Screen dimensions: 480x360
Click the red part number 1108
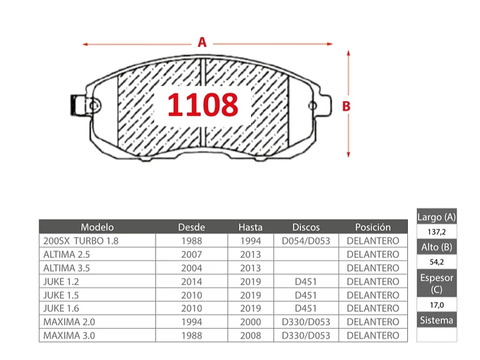click(203, 104)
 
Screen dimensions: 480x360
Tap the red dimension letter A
click(202, 42)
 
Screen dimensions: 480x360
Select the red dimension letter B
click(346, 106)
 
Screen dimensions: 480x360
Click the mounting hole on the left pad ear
click(93, 106)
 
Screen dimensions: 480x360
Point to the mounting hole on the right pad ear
click(312, 106)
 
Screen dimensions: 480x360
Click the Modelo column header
click(97, 227)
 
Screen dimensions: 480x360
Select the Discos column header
click(306, 227)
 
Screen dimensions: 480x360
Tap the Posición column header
click(373, 227)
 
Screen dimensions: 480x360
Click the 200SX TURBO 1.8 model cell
click(81, 241)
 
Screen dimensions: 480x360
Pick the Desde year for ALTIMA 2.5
click(192, 254)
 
